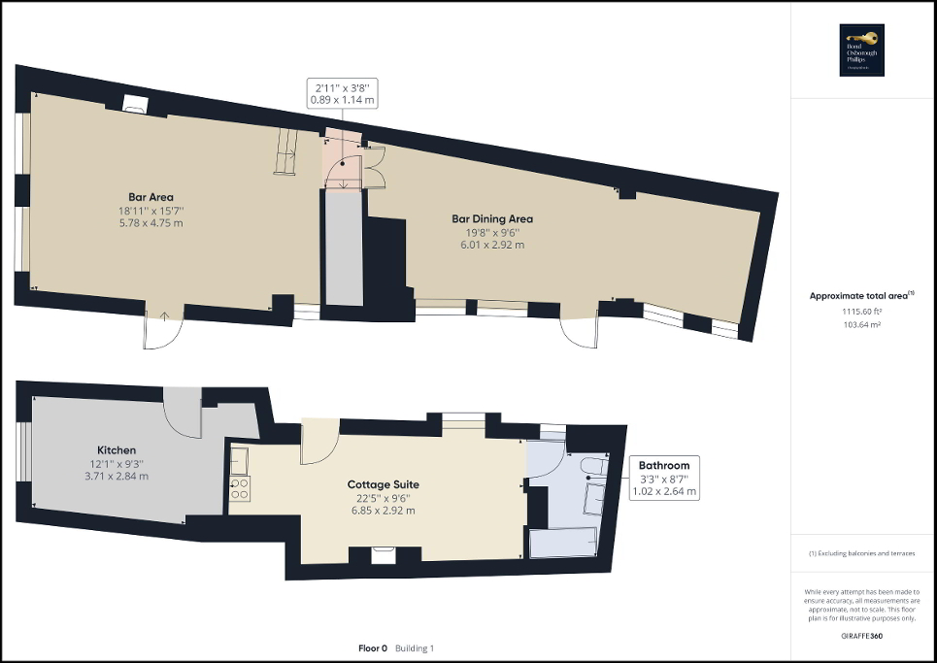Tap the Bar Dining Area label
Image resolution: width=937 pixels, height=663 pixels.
(492, 218)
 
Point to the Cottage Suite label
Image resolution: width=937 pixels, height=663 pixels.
(383, 484)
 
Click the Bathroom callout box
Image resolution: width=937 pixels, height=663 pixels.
(664, 479)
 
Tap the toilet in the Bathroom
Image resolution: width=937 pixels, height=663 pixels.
(589, 471)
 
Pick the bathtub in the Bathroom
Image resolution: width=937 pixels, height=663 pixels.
(564, 545)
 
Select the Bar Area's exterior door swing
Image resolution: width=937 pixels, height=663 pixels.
(161, 330)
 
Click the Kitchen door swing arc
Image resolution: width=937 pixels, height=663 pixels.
(182, 413)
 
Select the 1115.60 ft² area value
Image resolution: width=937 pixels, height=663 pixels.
(862, 312)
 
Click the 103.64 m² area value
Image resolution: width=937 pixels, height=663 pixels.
(862, 325)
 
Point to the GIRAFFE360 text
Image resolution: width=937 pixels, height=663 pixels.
(862, 635)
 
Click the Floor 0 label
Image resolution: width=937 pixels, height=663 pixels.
(372, 647)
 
